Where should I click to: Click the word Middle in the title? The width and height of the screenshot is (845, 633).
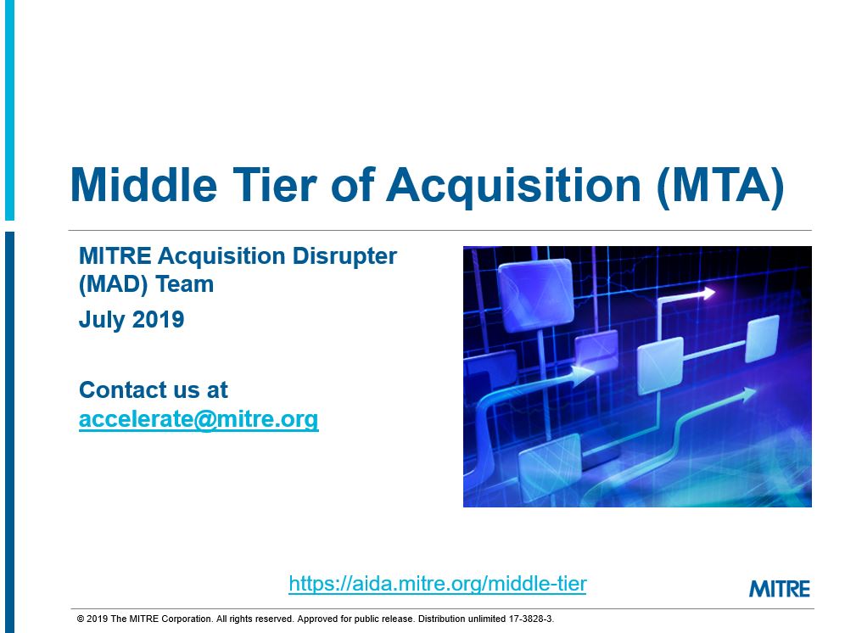143,185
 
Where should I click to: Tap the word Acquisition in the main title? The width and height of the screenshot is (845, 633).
513,187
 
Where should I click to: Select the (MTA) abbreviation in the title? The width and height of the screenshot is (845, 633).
720,187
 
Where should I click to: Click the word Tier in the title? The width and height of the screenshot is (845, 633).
274,185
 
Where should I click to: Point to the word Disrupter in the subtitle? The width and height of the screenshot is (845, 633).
344,256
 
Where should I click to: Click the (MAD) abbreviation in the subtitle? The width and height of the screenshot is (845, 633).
113,284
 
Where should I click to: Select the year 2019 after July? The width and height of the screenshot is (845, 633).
158,319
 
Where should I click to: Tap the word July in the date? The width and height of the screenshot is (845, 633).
103,320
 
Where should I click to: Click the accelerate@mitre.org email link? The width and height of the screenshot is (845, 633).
199,419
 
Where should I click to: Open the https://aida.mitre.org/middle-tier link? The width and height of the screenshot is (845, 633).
438,584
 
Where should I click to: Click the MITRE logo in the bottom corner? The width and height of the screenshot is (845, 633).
780,589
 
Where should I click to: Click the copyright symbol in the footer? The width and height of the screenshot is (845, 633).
81,619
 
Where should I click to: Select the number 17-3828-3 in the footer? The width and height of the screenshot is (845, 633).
530,619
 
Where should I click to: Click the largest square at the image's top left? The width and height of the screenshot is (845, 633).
535,294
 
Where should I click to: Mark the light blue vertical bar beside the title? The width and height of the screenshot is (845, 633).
9,110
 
